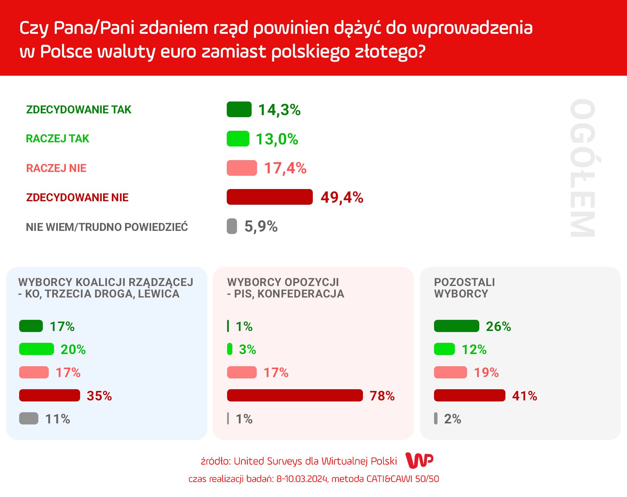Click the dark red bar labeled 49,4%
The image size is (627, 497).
[270, 197]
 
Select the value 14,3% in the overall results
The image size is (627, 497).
[279, 110]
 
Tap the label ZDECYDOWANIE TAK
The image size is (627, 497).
[79, 110]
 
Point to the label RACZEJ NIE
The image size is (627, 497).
[56, 168]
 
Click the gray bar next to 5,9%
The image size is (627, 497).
[232, 226]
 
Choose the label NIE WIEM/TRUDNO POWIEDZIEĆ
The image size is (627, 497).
[107, 227]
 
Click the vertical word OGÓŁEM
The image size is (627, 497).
[582, 168]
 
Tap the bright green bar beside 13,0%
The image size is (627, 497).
[238, 139]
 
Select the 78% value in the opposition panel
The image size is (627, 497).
[382, 396]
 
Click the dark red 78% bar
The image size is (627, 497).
[295, 396]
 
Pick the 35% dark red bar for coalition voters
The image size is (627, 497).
[49, 396]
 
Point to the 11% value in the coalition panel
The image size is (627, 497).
[57, 419]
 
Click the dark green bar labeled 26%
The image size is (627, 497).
[456, 326]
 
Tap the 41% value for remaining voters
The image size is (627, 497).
[524, 396]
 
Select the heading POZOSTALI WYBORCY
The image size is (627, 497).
[464, 288]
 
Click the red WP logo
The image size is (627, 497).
[419, 460]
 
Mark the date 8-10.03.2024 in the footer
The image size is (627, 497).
[302, 479]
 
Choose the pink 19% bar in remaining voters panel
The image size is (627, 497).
[450, 372]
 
